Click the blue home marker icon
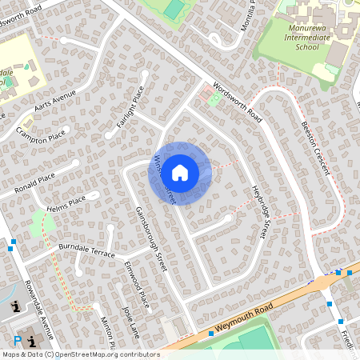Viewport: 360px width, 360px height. (180, 173)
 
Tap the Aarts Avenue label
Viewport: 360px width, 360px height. (55, 101)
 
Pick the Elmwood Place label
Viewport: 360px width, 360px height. (137, 284)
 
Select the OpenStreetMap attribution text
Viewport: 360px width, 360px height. (80, 354)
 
